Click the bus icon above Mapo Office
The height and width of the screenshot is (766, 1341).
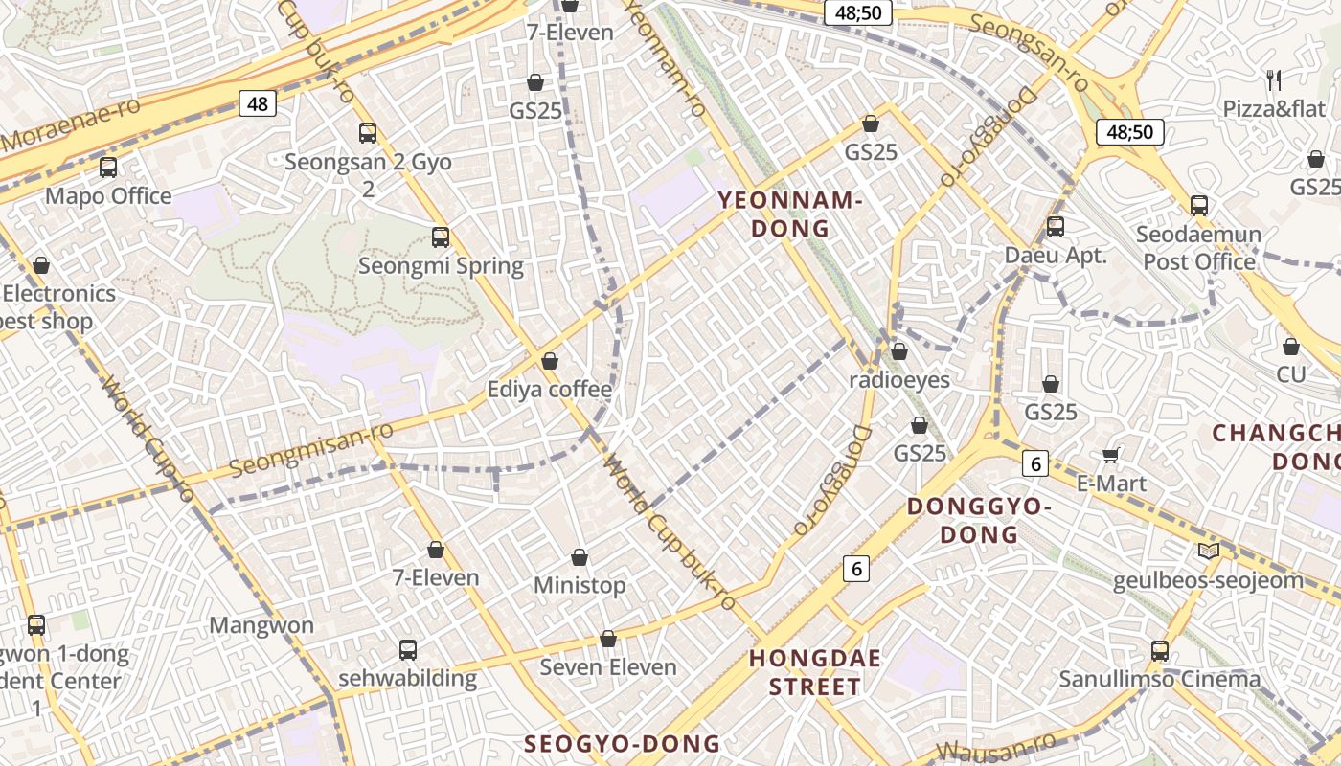(x=108, y=168)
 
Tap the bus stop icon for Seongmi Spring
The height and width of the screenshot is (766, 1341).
(x=441, y=237)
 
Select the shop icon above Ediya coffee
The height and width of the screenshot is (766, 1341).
(x=550, y=361)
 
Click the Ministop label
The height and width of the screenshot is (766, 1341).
(x=580, y=585)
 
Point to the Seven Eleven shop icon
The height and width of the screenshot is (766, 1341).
(x=608, y=639)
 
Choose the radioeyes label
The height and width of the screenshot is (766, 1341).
(x=899, y=380)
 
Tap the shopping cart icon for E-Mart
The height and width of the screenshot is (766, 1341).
(x=1111, y=455)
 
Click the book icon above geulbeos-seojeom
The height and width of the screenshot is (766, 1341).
(x=1209, y=552)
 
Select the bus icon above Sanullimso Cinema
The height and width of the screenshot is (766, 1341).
(x=1160, y=651)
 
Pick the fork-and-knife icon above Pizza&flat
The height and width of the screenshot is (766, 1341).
(x=1274, y=79)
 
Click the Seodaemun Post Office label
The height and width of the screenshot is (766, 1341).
(x=1198, y=248)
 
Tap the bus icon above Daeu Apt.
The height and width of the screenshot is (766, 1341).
(x=1056, y=227)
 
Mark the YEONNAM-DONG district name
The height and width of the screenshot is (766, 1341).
(x=790, y=214)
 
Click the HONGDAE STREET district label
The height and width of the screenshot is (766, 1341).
(x=814, y=672)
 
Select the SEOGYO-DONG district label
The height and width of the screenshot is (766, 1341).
(x=623, y=744)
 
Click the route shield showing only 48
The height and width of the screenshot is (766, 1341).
(x=258, y=103)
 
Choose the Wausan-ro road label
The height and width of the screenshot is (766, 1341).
(x=996, y=748)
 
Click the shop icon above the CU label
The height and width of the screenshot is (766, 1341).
(x=1291, y=347)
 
